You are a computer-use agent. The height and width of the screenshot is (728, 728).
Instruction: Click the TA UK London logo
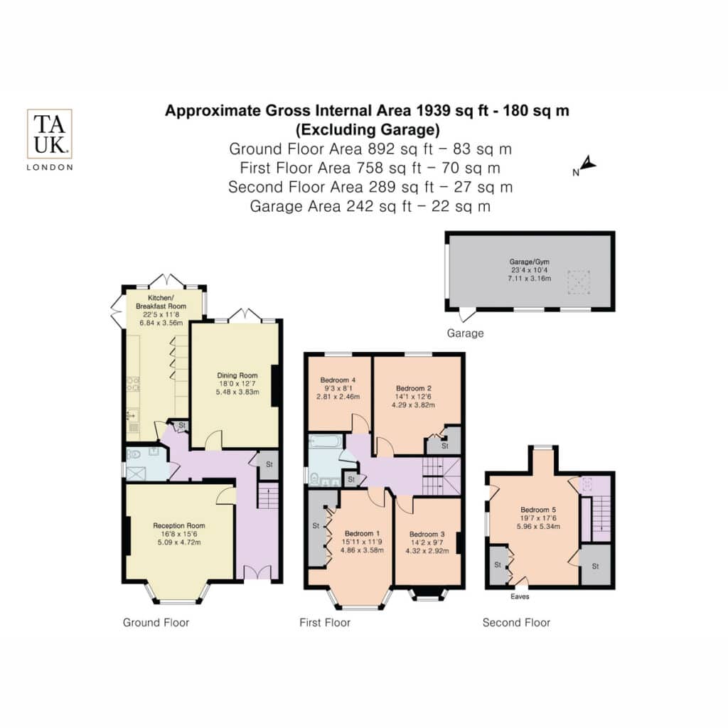50,140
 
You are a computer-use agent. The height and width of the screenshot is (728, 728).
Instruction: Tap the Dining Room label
237,375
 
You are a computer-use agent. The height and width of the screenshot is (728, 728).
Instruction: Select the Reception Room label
179,525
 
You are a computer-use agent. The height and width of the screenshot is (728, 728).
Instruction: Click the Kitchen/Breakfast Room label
161,301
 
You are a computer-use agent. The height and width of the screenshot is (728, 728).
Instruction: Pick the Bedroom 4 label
338,380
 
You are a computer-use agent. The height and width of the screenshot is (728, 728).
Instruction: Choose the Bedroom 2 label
414,388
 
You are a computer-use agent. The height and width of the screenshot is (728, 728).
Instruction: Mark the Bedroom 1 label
362,533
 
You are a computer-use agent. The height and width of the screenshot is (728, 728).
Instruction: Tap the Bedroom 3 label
427,535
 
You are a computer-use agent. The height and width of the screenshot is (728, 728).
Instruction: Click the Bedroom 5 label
538,510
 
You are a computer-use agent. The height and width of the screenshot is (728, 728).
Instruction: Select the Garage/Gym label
529,262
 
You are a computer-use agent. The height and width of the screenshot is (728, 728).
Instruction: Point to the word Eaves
520,596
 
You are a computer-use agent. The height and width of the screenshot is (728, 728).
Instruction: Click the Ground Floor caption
156,623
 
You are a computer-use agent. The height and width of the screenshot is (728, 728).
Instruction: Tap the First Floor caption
325,623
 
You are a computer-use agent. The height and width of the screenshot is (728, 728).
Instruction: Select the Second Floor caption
516,623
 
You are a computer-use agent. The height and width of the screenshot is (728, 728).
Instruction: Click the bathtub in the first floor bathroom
326,441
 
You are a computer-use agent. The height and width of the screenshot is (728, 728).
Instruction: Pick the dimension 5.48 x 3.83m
237,392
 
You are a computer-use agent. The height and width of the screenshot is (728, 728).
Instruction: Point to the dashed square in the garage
579,282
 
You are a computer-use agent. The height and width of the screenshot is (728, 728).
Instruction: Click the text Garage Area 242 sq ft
331,206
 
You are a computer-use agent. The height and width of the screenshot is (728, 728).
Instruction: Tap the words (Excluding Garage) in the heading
368,129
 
